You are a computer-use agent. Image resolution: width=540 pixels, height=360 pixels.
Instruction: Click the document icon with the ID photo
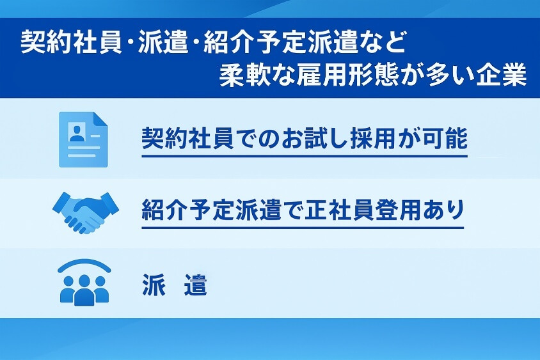pos(83,139)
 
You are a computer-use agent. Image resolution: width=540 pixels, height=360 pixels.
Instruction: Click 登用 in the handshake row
pos(396,210)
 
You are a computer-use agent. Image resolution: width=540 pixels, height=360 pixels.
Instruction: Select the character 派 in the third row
pos(153,285)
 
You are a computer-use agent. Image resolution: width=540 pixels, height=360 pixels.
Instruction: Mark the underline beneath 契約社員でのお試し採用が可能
pos(305,155)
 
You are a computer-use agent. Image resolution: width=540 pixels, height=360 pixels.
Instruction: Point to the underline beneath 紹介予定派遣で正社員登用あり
pos(302,227)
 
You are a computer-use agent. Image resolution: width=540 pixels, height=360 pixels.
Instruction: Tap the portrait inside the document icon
pos(77,134)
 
